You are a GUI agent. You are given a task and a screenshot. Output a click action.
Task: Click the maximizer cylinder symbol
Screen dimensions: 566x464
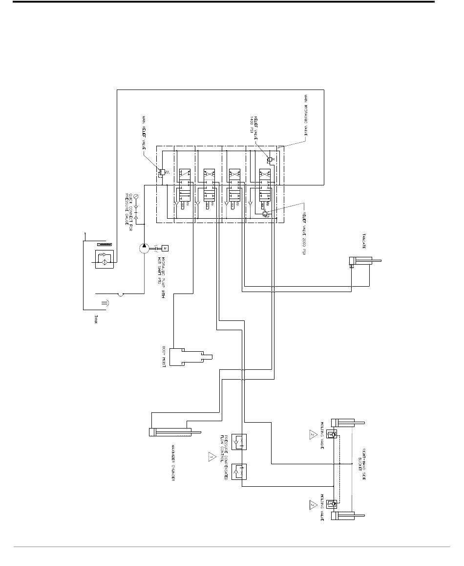174,432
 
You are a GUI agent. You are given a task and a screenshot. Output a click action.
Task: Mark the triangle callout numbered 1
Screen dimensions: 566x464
211,457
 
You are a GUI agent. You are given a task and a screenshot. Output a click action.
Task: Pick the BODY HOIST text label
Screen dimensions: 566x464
164,356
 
